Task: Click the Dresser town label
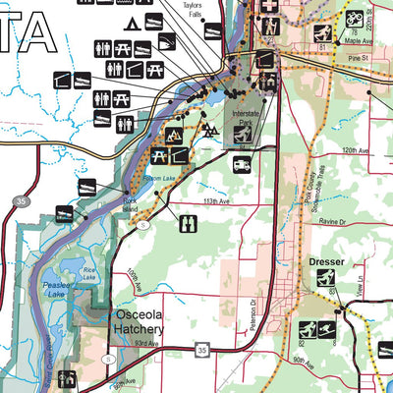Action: click(x=326, y=263)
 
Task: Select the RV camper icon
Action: click(x=243, y=164)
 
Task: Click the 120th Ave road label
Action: click(x=355, y=151)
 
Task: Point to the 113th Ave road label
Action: click(x=189, y=200)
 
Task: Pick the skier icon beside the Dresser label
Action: click(x=325, y=279)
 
